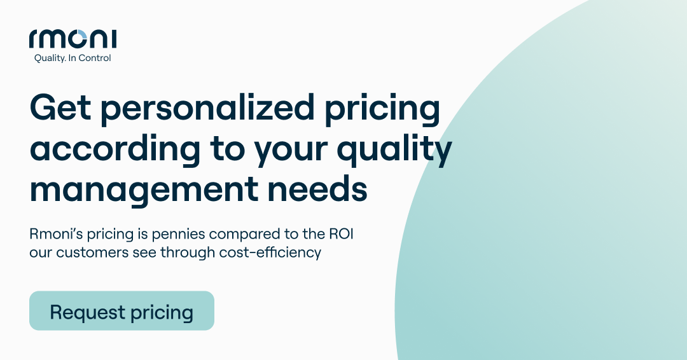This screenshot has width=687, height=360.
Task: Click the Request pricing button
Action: (x=121, y=311)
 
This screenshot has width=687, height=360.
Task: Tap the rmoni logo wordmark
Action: (x=73, y=39)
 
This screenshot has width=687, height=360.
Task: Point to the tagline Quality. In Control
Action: (x=72, y=59)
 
